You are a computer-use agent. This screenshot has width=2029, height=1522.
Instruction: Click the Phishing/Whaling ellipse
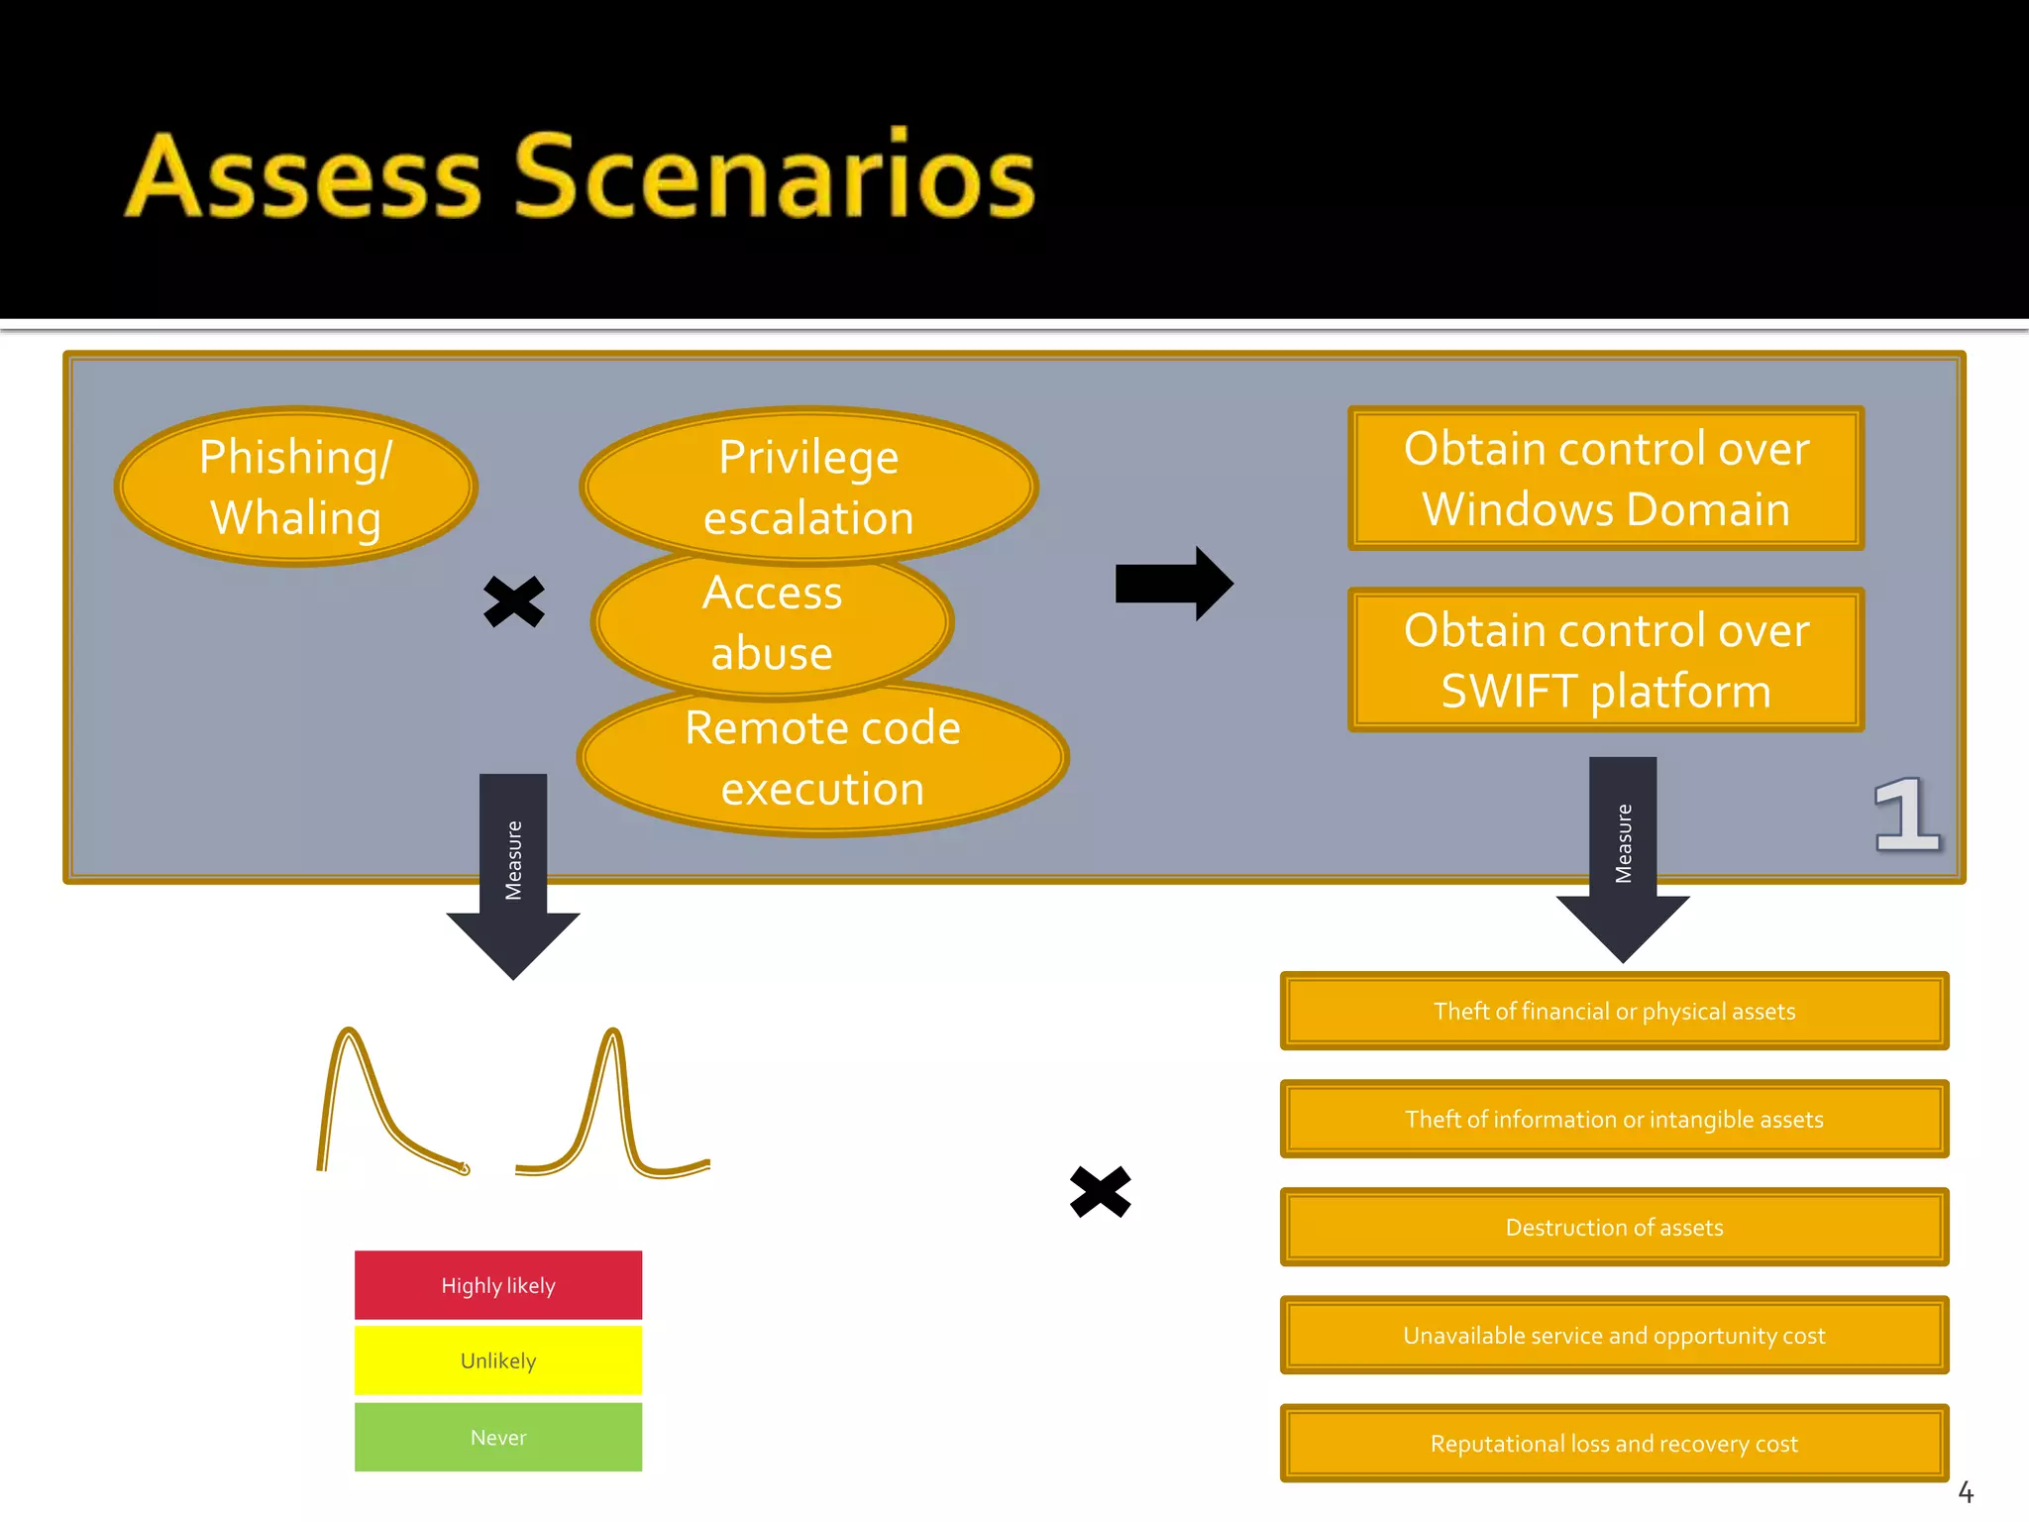click(x=295, y=487)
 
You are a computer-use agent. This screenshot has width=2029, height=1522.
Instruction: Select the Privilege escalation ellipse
click(x=807, y=486)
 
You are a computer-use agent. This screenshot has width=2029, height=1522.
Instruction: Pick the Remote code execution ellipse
click(x=822, y=758)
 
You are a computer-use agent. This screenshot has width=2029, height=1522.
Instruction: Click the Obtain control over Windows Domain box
click(x=1605, y=479)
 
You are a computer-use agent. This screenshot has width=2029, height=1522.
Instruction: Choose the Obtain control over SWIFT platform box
click(x=1605, y=660)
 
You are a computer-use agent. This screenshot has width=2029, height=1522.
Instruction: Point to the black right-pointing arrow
click(x=1172, y=584)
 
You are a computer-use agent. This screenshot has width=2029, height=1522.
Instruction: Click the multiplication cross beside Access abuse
click(x=513, y=601)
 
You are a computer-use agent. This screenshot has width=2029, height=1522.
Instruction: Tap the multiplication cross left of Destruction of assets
click(x=1100, y=1191)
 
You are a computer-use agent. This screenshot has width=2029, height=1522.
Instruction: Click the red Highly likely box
click(x=498, y=1285)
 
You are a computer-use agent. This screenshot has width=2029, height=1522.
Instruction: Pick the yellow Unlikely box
click(x=498, y=1360)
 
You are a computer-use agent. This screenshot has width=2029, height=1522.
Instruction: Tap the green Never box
click(x=498, y=1437)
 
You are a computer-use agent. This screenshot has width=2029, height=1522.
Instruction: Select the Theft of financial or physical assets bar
click(x=1614, y=1011)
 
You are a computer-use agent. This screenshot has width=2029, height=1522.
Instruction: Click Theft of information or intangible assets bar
click(x=1614, y=1119)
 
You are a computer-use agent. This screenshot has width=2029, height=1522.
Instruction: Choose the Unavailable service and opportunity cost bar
click(x=1614, y=1335)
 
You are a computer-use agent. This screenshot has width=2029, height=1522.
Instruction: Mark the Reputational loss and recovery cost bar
click(x=1614, y=1443)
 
